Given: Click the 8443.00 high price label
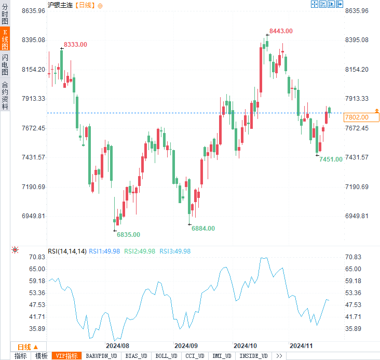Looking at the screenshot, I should point(281,31).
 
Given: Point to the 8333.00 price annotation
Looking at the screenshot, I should point(75,45).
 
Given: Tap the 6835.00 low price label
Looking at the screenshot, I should point(128,235).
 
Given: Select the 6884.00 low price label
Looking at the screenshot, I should point(203,228).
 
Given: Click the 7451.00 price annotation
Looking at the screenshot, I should point(331,159).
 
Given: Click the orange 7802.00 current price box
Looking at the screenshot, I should point(357,117).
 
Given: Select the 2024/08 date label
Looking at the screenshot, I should point(117,345).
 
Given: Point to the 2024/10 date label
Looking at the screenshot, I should point(246,345).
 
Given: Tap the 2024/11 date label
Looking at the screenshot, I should point(301,345).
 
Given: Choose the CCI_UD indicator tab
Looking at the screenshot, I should point(195,356).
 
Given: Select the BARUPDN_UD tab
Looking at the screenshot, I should point(101,356).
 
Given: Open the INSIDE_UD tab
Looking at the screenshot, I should point(253,356).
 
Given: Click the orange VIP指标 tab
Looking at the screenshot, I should point(67,356).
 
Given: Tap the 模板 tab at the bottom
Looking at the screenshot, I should point(42,356).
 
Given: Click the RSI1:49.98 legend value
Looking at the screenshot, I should point(104,251).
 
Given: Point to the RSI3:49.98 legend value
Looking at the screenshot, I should point(175,251).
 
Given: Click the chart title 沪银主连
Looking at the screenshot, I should point(60,5).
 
